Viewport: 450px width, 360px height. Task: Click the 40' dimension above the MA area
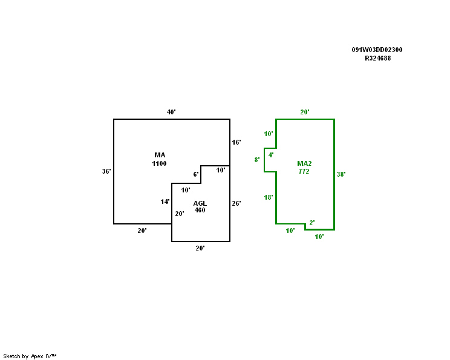click(172, 112)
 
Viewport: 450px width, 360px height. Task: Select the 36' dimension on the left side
click(106, 171)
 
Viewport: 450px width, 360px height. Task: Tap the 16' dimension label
click(236, 142)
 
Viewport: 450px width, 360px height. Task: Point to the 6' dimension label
click(196, 174)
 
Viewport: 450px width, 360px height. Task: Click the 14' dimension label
click(165, 201)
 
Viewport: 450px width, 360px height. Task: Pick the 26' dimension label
click(236, 203)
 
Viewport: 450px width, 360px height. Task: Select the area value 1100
click(160, 163)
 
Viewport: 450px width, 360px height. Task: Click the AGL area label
click(200, 203)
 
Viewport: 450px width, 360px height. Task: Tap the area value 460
click(200, 210)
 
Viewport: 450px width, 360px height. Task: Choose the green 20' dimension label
click(305, 112)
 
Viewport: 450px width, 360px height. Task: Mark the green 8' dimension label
click(257, 160)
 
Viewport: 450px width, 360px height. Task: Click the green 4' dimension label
click(271, 155)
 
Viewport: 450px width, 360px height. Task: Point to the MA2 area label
click(304, 163)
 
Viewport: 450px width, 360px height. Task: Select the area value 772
click(304, 171)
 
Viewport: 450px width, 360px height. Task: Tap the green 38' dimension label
click(341, 174)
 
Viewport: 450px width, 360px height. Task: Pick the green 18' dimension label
click(269, 197)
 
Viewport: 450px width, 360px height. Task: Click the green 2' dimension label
click(312, 223)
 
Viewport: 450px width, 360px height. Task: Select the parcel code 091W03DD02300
click(377, 50)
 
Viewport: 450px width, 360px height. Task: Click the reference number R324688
click(377, 59)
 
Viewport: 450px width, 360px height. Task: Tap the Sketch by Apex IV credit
click(30, 356)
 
